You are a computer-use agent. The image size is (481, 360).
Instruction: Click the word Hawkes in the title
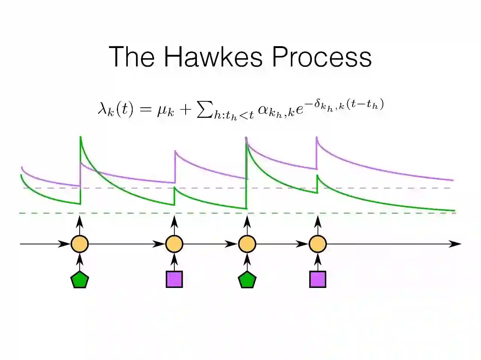tap(213, 57)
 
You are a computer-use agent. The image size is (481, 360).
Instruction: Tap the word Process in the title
tap(321, 57)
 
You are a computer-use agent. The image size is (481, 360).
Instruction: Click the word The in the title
tap(132, 57)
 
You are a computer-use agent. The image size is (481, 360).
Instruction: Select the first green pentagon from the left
tap(80, 280)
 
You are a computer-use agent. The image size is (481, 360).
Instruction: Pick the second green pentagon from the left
tap(247, 280)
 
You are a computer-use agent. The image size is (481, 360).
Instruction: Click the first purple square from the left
tap(174, 279)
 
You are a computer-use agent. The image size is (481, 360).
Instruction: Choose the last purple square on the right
tap(318, 279)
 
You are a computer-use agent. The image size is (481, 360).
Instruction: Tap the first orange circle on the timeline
tap(80, 244)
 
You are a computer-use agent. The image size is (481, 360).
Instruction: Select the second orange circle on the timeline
tap(174, 244)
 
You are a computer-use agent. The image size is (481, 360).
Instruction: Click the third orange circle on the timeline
tap(247, 244)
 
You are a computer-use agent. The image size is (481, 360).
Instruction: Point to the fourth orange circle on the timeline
tap(318, 244)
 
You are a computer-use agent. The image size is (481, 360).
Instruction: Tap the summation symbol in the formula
tap(204, 110)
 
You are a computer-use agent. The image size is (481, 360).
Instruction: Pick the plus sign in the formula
tap(186, 109)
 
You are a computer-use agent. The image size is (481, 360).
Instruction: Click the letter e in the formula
tap(299, 110)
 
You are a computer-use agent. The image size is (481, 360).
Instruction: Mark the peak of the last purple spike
tap(317, 138)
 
